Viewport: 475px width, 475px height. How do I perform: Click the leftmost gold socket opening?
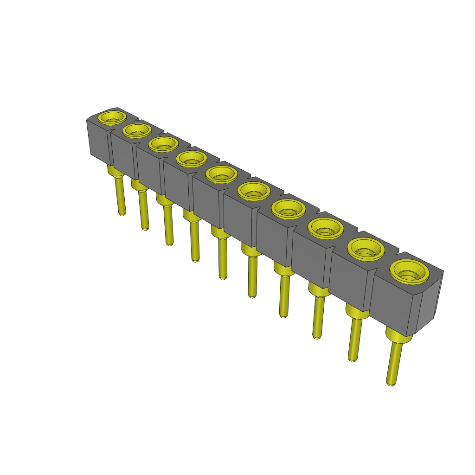pyautogui.click(x=113, y=117)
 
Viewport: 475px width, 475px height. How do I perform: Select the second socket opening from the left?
pyautogui.click(x=136, y=130)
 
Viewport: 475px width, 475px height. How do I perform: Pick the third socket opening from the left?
pyautogui.click(x=163, y=144)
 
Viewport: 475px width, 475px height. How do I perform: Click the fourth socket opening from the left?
pyautogui.click(x=192, y=158)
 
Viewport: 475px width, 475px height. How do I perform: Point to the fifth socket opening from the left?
pyautogui.click(x=221, y=174)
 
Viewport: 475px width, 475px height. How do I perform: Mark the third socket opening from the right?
pyautogui.click(x=325, y=228)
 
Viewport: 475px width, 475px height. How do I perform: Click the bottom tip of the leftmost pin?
pyautogui.click(x=122, y=214)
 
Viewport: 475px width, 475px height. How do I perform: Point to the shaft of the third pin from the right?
pyautogui.click(x=318, y=315)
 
